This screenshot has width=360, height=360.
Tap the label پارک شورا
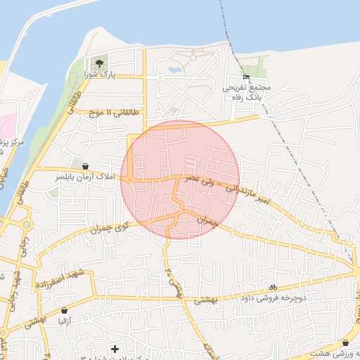(98, 73)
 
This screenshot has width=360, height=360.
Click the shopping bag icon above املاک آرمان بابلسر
(86, 167)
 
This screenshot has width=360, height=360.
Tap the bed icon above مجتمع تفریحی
(245, 77)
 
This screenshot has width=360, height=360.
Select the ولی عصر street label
(199, 181)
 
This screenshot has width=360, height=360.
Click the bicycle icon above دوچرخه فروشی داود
(274, 287)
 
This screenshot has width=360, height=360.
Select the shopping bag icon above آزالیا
(65, 310)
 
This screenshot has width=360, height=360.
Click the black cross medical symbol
(115, 348)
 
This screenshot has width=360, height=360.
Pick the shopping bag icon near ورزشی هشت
(345, 342)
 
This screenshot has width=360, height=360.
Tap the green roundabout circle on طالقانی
(26, 224)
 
